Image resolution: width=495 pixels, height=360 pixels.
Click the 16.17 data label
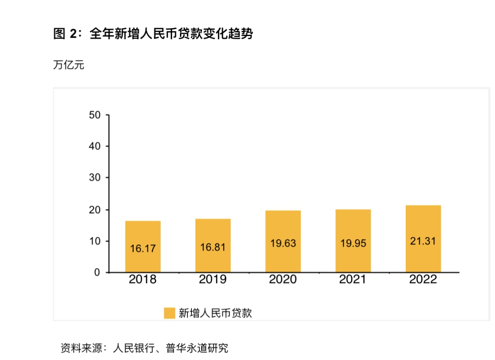[143, 248]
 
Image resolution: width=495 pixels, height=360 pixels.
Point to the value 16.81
[213, 247]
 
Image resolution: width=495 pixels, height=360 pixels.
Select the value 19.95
[353, 243]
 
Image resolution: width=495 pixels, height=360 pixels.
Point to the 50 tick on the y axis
[95, 115]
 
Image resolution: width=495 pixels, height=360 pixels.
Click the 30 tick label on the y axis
[95, 178]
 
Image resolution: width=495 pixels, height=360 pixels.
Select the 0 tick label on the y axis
[97, 272]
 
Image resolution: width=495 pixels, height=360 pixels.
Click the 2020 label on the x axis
[283, 280]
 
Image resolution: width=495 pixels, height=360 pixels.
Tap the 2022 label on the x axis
[423, 280]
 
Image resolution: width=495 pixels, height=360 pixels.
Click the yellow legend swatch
[170, 313]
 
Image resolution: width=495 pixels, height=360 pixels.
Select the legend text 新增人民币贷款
[215, 313]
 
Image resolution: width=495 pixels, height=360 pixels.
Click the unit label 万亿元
[68, 65]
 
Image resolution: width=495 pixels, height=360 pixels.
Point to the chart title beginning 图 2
[153, 34]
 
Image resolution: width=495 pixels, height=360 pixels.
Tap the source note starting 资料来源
[144, 348]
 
